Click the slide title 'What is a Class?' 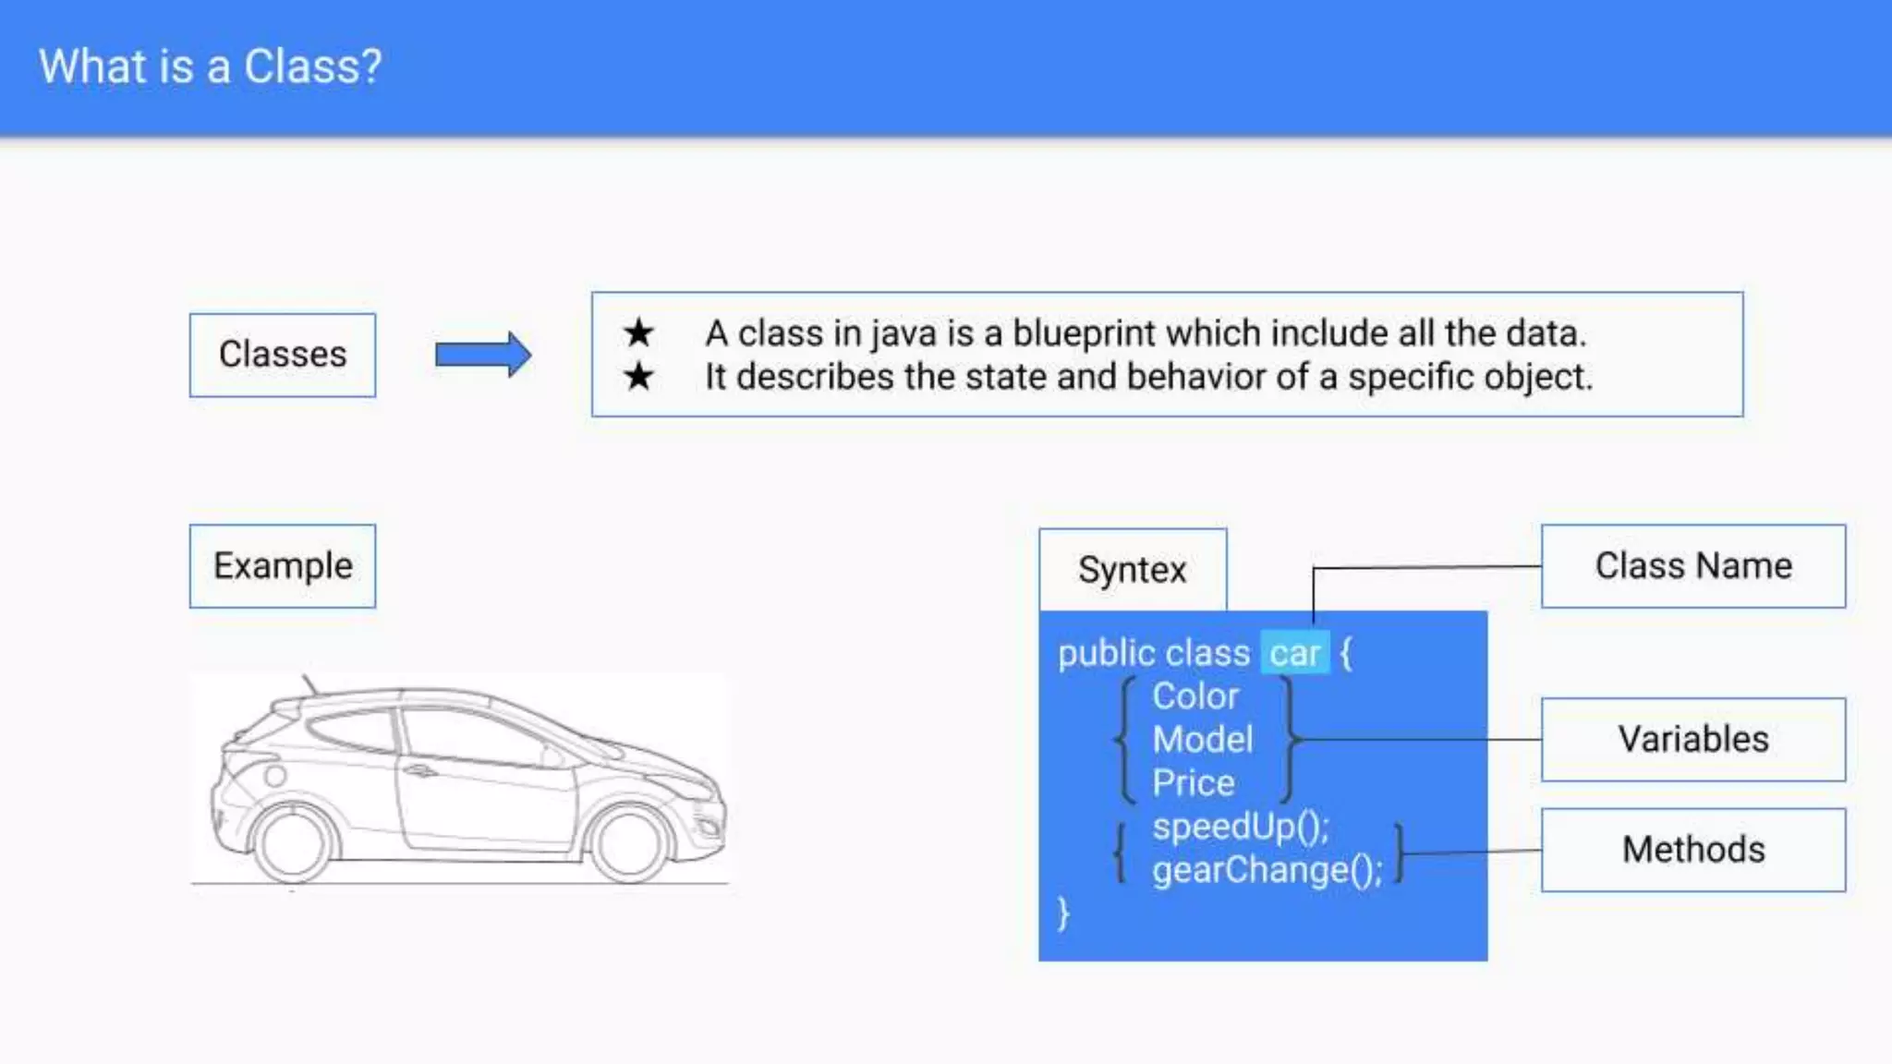click(210, 66)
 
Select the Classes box click(283, 355)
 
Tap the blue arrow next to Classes click(483, 355)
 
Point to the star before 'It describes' click(638, 377)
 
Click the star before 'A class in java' click(638, 332)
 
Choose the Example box click(283, 566)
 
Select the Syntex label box click(1133, 570)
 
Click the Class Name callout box click(1693, 566)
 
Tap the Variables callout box click(1693, 740)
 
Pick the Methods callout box click(1693, 850)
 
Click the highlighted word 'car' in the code click(1294, 654)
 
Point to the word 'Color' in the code click(1195, 696)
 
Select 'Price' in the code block click(1194, 783)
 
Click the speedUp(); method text click(1240, 827)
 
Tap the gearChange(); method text click(1267, 870)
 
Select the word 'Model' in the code click(1203, 740)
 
